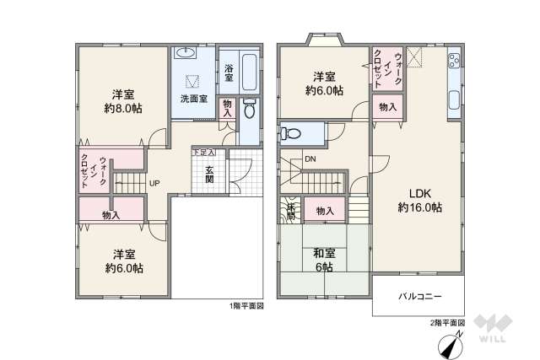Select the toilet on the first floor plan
[x=249, y=110]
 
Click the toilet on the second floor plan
[x=291, y=132]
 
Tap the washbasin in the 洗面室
[x=187, y=54]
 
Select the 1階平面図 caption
[x=246, y=306]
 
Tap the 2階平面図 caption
[x=447, y=322]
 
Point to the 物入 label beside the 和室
[x=324, y=211]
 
